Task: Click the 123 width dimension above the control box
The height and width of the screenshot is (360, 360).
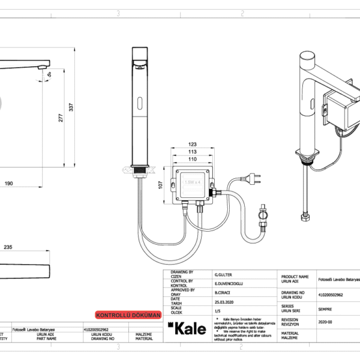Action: [193, 144]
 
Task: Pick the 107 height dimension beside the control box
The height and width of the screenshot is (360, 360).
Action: [161, 186]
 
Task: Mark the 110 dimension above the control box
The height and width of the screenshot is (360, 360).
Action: [193, 160]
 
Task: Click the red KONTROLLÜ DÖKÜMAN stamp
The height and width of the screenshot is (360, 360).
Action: [128, 314]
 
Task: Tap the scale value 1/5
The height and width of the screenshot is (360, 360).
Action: [217, 311]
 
